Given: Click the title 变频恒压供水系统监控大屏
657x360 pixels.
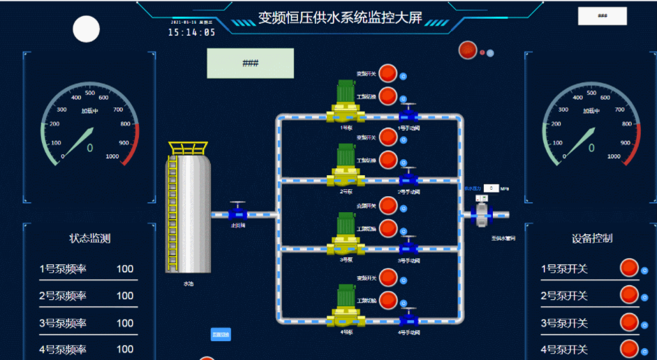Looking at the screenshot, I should (340, 18).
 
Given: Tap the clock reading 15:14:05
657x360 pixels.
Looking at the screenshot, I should (191, 32).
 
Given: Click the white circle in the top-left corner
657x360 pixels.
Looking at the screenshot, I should (87, 29).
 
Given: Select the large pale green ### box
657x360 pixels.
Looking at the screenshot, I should (250, 63).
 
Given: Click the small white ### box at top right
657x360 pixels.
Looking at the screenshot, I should (602, 16).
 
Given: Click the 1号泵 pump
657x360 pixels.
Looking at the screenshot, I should (346, 103).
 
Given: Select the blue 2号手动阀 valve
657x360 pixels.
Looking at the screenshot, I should (409, 180).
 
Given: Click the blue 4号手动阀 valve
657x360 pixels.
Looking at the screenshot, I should (409, 320).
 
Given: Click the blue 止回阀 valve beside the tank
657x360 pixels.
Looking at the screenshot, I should (238, 213).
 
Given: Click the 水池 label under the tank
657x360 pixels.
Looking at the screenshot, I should (189, 284).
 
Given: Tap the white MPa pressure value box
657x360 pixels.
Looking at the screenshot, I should (492, 188).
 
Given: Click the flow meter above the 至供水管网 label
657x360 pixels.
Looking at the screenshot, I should (482, 212).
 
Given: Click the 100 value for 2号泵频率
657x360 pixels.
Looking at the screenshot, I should (125, 296).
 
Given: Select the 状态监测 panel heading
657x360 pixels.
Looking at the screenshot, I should (89, 239).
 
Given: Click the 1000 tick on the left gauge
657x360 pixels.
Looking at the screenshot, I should (112, 156).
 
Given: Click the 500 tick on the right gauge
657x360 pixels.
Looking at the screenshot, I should (591, 93).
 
